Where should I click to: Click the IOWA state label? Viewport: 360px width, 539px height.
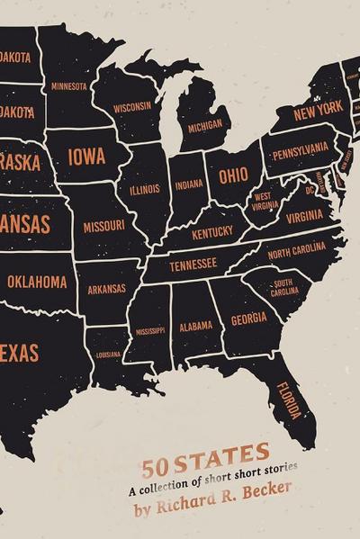pyautogui.click(x=86, y=156)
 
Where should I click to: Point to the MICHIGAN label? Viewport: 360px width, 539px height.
pyautogui.click(x=205, y=126)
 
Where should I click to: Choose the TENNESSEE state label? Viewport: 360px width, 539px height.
pyautogui.click(x=193, y=264)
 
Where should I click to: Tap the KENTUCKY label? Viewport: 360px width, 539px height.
pyautogui.click(x=212, y=232)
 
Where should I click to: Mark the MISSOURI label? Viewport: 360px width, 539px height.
pyautogui.click(x=103, y=227)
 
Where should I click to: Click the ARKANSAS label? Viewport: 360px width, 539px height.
pyautogui.click(x=107, y=290)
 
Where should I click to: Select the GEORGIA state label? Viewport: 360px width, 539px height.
pyautogui.click(x=248, y=319)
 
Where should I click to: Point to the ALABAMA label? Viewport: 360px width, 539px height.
pyautogui.click(x=195, y=326)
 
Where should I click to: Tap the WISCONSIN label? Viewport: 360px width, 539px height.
pyautogui.click(x=132, y=106)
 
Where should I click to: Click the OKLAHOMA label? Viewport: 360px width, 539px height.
pyautogui.click(x=37, y=282)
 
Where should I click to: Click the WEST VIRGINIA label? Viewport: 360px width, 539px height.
pyautogui.click(x=265, y=200)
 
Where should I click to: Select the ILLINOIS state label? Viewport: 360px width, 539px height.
pyautogui.click(x=144, y=190)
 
